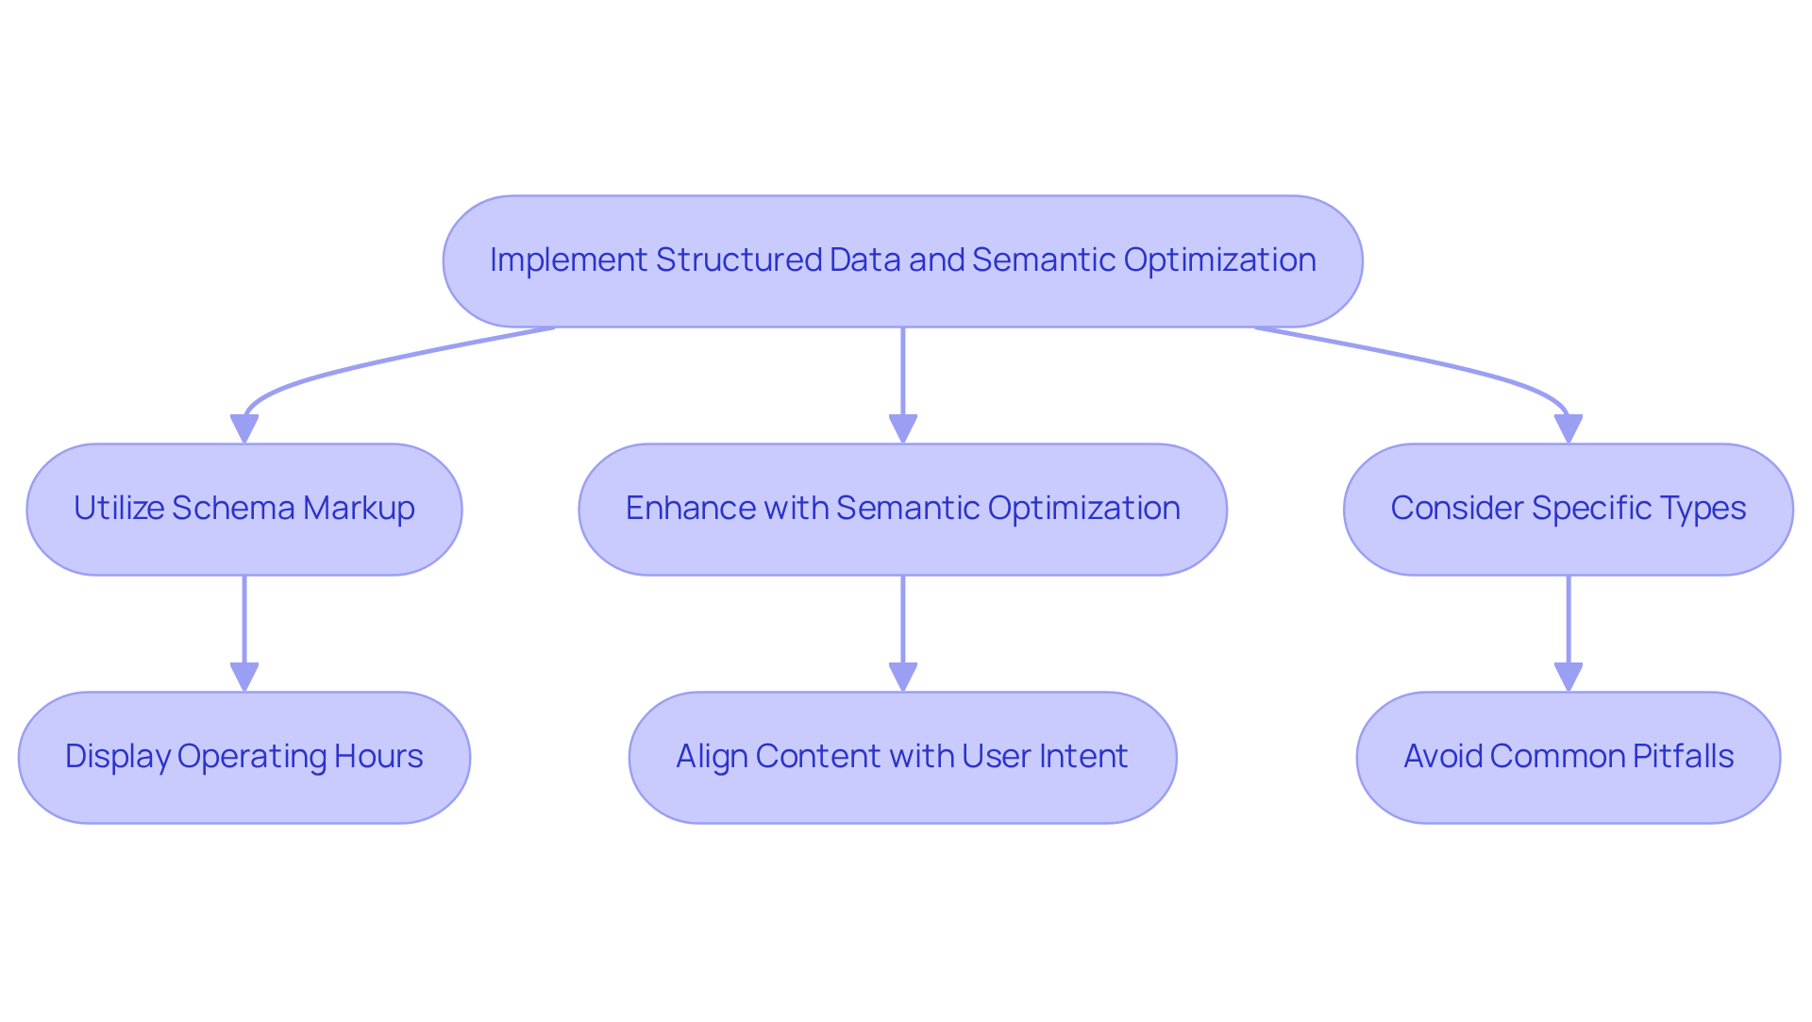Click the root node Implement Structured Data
902,261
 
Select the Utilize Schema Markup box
243,510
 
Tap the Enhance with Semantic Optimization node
902,510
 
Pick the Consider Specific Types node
1568,510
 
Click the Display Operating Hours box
243,758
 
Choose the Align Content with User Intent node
902,758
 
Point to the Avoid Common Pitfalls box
1568,758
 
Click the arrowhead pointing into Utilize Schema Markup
244,428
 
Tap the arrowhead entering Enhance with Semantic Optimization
903,428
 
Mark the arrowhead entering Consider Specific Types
1569,428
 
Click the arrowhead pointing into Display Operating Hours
244,677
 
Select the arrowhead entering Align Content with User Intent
903,677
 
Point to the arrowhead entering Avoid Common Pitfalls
1569,677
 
